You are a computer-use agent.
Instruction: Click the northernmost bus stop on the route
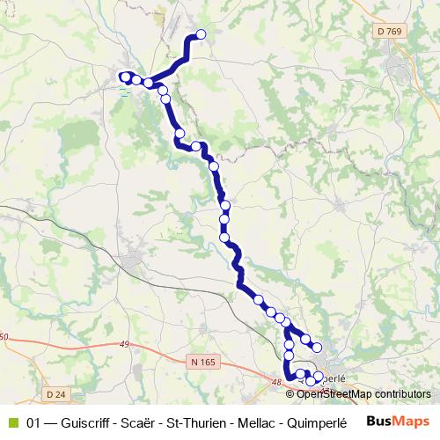201,35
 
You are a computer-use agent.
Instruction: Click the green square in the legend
12,421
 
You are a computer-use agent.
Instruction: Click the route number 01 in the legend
34,421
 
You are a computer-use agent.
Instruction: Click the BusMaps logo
399,420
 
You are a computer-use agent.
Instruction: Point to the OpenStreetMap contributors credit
363,394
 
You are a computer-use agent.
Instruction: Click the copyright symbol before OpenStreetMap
291,394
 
